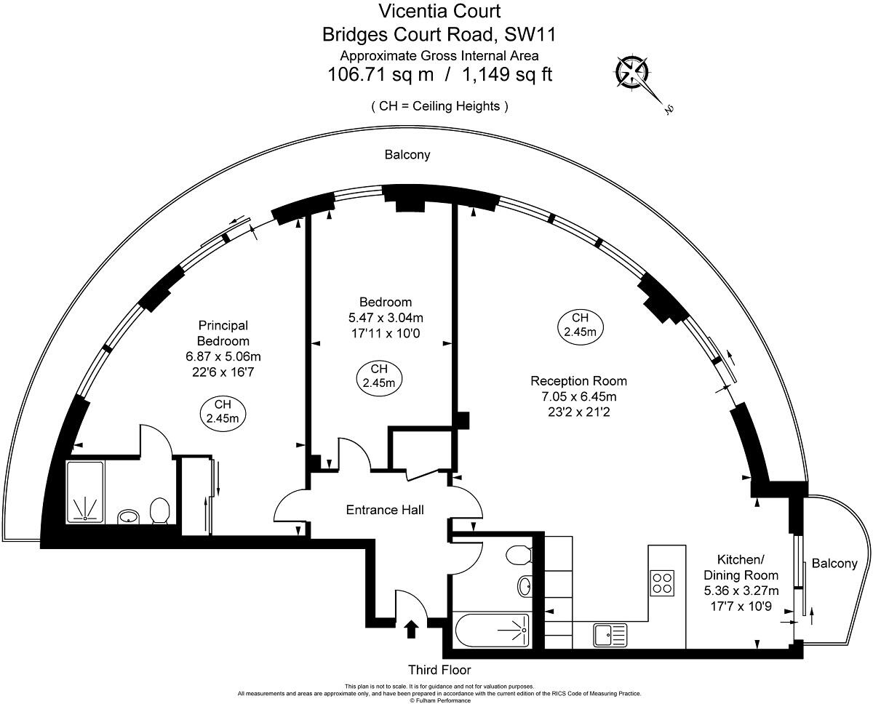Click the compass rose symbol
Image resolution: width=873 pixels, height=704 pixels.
[632, 72]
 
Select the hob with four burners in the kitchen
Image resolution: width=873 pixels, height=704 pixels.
[662, 582]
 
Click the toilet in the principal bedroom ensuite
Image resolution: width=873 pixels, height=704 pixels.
[159, 510]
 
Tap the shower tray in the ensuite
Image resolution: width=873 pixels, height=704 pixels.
[85, 492]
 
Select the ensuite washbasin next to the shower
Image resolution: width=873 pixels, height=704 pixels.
[129, 516]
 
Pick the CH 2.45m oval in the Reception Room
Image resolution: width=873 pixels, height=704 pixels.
[580, 325]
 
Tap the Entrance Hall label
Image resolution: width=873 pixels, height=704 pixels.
[384, 510]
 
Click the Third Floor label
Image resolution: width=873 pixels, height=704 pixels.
[439, 670]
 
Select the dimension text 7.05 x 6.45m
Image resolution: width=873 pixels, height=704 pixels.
[578, 396]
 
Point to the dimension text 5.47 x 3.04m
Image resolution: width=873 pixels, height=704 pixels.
[386, 318]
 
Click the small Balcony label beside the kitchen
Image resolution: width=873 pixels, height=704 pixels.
[834, 563]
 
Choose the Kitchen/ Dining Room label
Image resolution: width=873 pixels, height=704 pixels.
[741, 567]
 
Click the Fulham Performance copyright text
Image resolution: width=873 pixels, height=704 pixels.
[439, 700]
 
